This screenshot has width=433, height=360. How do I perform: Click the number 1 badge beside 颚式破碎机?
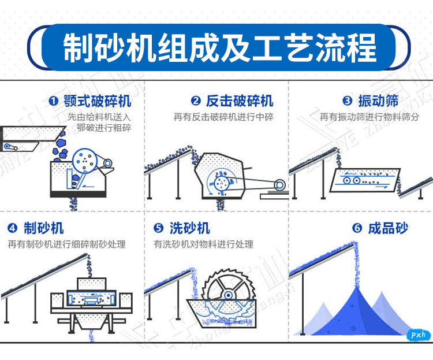coord(54,102)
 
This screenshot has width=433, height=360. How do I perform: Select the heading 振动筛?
coord(378,101)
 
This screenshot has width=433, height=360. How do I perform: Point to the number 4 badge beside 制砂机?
coord(13,227)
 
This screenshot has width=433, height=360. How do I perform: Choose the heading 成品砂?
coord(388,227)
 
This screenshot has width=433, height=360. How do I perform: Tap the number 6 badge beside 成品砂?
coord(357,228)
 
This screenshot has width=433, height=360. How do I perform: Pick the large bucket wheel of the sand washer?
coord(222,295)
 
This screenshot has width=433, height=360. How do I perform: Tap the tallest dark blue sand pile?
coord(348,306)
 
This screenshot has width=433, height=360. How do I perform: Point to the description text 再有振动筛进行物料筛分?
coord(369,117)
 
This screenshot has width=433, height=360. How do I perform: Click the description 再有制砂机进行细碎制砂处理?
coord(66,244)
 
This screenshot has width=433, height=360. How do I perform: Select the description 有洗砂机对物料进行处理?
coord(203,244)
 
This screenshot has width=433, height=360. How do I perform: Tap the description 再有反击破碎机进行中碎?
coord(223,117)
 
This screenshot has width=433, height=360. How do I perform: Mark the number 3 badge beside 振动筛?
coord(347,102)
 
